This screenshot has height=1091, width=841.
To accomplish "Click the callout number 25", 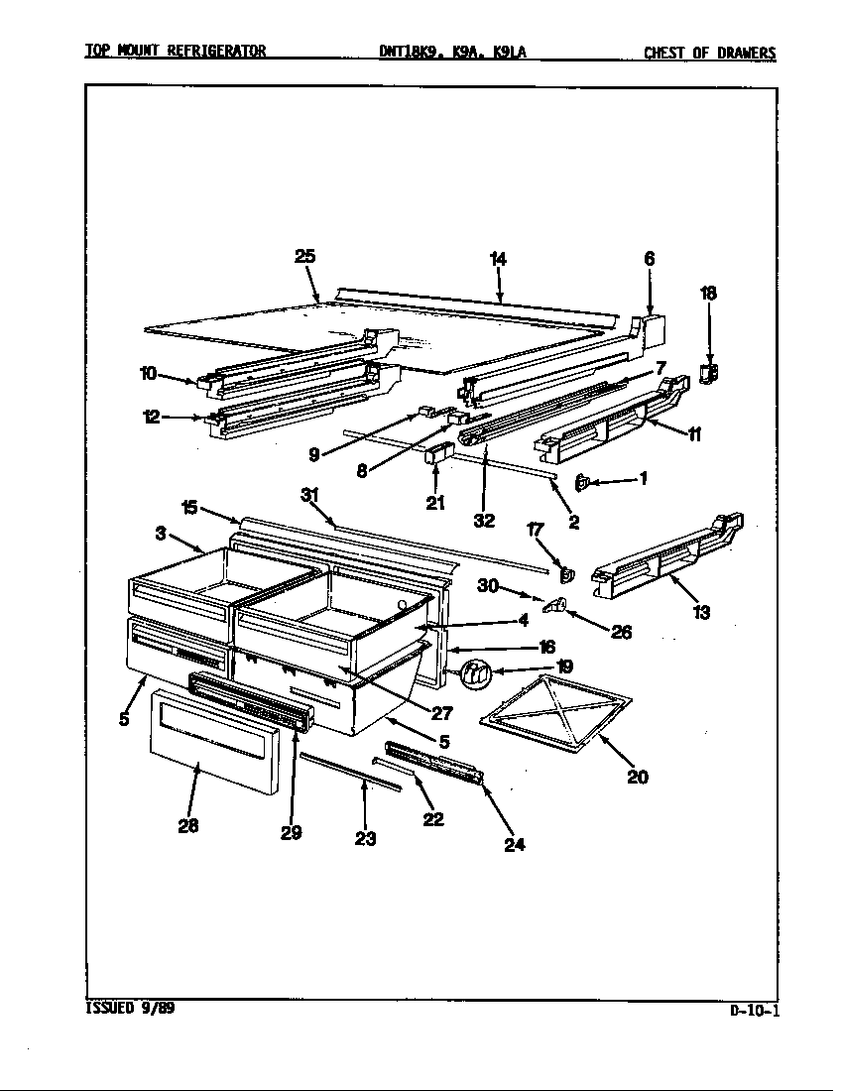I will pyautogui.click(x=304, y=256).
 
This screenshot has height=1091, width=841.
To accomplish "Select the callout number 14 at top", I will pyautogui.click(x=498, y=259).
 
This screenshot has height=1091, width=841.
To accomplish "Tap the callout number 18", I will pyautogui.click(x=708, y=293).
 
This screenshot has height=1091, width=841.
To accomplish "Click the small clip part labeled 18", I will pyautogui.click(x=709, y=373).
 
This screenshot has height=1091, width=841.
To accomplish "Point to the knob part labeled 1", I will pyautogui.click(x=583, y=482).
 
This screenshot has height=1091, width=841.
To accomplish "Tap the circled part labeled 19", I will pyautogui.click(x=476, y=673).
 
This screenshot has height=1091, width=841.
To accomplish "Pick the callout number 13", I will pyautogui.click(x=701, y=612).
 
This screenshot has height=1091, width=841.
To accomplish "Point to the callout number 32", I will pyautogui.click(x=483, y=520).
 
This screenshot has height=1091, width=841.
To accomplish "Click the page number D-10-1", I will pyautogui.click(x=754, y=1011).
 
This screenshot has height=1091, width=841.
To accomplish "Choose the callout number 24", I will pyautogui.click(x=514, y=845).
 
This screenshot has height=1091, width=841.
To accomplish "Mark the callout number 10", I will pyautogui.click(x=148, y=373).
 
